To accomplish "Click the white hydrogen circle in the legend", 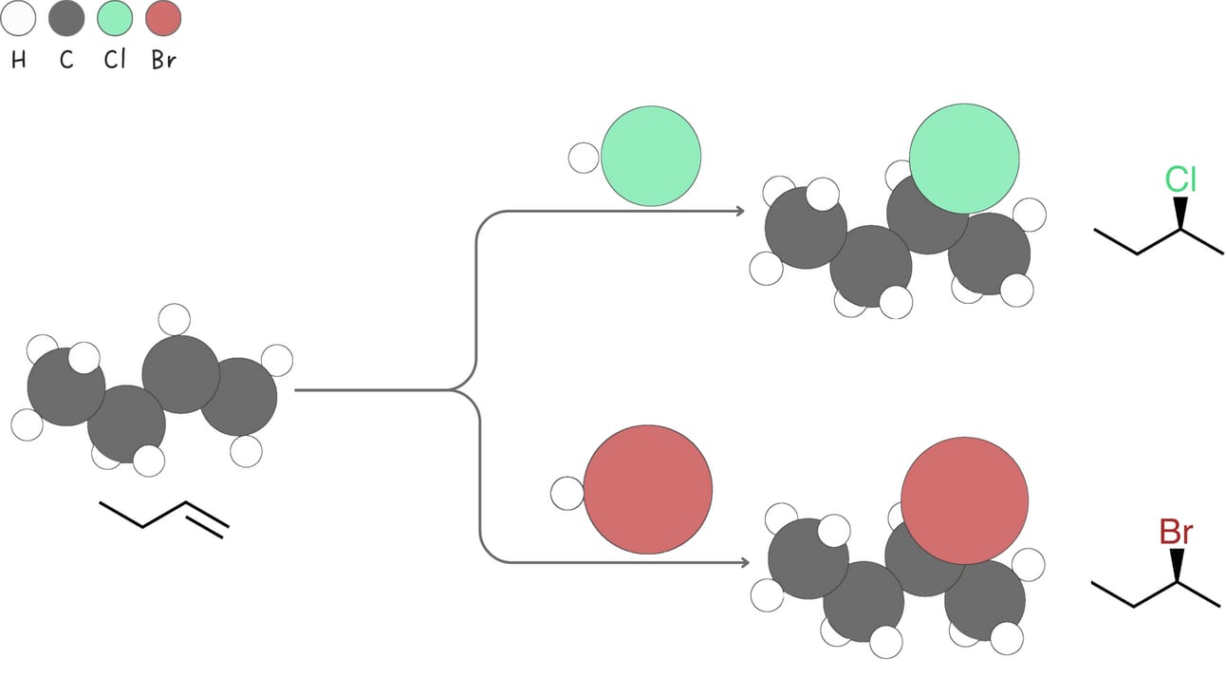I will (x=18, y=18).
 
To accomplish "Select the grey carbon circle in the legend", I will (x=66, y=18).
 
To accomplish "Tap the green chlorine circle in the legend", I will (x=115, y=18).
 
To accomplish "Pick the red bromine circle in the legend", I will (x=163, y=18).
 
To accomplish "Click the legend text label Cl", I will (x=114, y=61).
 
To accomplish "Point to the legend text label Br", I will (x=163, y=61).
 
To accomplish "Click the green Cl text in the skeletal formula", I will (x=1180, y=179).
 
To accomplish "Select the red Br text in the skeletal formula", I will (x=1176, y=533).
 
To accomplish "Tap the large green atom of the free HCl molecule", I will (x=651, y=157).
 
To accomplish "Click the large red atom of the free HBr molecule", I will (x=647, y=489).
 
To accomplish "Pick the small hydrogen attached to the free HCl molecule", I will (x=584, y=158).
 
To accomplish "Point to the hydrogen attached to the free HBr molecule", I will (x=567, y=494).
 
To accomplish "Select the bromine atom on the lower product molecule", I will (x=964, y=500).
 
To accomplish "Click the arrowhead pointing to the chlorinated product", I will (x=740, y=211).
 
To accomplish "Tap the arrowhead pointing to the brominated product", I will (x=744, y=563).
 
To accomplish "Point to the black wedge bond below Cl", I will (x=1180, y=213).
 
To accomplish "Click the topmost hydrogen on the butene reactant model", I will (x=175, y=319).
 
